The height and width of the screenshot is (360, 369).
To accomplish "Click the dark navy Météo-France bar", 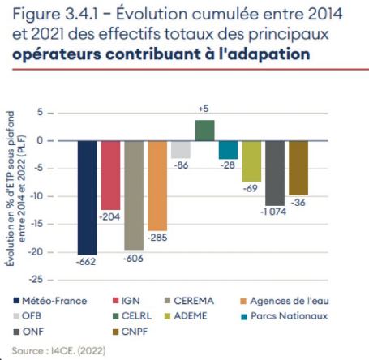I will pyautogui.click(x=87, y=197).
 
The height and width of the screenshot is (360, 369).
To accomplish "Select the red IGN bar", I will pyautogui.click(x=110, y=174).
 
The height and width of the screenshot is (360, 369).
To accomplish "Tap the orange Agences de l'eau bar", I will pyautogui.click(x=157, y=186).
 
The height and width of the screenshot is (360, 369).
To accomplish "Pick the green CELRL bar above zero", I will pyautogui.click(x=204, y=130).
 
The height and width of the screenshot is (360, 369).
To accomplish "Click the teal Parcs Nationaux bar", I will pyautogui.click(x=228, y=149).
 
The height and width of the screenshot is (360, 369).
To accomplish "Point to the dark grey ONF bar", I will pyautogui.click(x=275, y=173).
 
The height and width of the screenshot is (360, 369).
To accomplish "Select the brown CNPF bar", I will pyautogui.click(x=298, y=168).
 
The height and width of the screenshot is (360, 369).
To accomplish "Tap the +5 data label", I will pyautogui.click(x=204, y=109).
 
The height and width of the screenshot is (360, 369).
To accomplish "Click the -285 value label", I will pyautogui.click(x=157, y=238).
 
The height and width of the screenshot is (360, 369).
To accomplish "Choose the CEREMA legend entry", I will pyautogui.click(x=185, y=301).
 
